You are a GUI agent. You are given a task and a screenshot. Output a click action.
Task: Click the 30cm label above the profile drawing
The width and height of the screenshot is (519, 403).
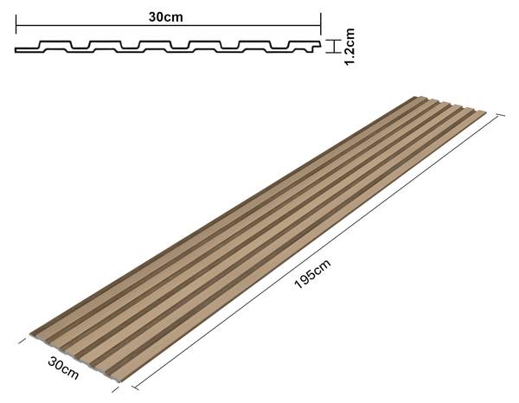click(x=165, y=17)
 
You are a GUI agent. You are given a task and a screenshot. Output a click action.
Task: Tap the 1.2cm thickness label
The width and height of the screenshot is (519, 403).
click(x=349, y=47)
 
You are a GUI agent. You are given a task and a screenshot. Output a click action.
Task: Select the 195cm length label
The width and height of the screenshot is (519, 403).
click(x=312, y=274)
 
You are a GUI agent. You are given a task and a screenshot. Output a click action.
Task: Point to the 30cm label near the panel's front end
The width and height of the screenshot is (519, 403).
click(x=63, y=368)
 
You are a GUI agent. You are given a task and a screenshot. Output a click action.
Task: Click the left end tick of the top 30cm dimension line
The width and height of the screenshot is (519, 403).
click(x=16, y=24)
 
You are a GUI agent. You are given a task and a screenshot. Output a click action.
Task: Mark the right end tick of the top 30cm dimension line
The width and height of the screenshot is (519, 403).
click(x=321, y=24)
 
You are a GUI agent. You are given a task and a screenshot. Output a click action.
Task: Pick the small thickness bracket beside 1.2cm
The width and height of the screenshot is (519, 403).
click(x=333, y=47)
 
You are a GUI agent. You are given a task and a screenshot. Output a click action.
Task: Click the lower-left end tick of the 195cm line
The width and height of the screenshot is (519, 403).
click(x=135, y=387)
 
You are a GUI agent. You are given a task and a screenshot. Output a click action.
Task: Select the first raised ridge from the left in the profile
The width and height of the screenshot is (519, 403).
click(x=55, y=44)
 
